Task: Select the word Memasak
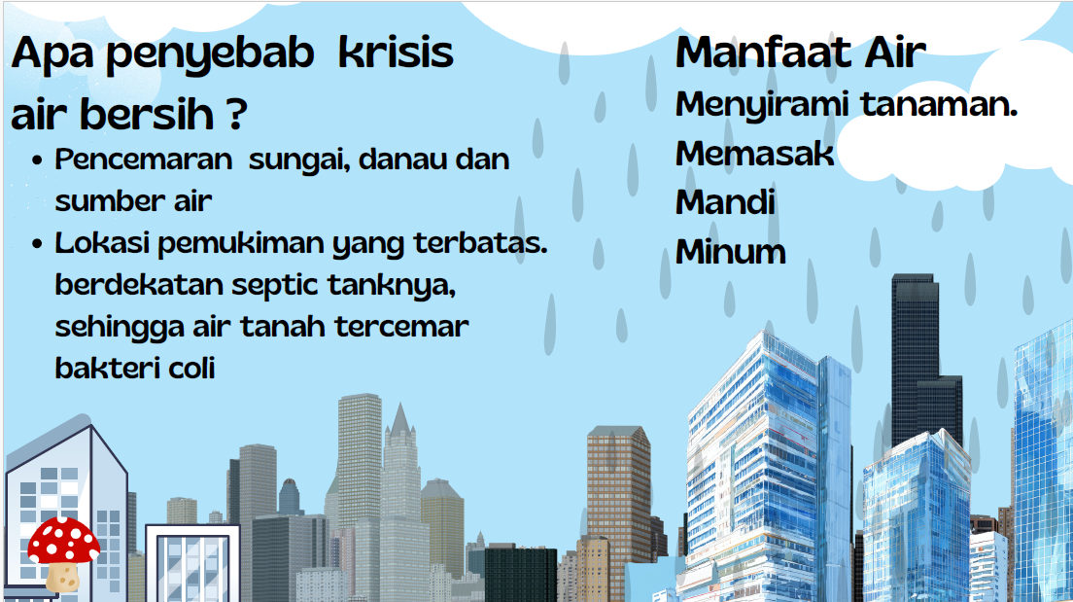tap(755, 154)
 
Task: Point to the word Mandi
tap(725, 202)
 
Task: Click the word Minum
tap(730, 252)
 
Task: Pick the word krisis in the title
tap(397, 53)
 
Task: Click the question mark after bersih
tap(235, 115)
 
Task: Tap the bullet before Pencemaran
tap(37, 161)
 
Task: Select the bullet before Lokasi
tap(37, 244)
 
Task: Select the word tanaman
tap(939, 104)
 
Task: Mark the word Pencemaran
tap(144, 159)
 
